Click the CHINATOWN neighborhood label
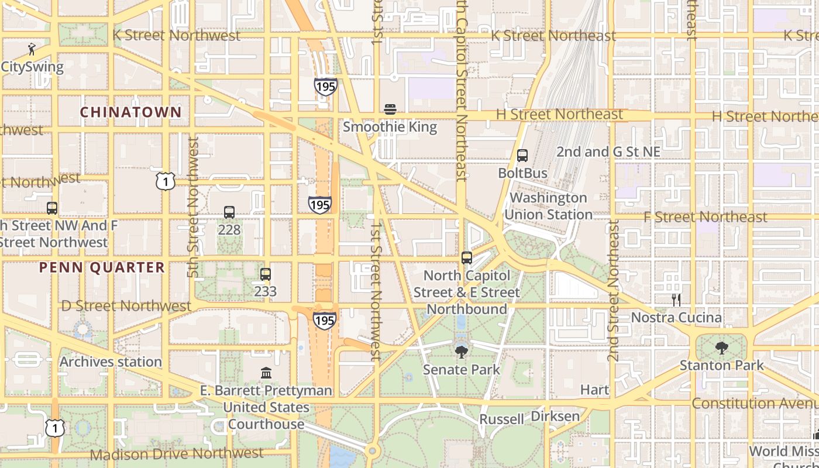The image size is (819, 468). click(x=130, y=112)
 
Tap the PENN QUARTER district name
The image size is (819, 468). click(x=102, y=267)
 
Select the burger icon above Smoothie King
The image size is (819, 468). click(x=390, y=109)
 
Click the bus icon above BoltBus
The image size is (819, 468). click(x=522, y=156)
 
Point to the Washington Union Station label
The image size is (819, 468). click(x=548, y=206)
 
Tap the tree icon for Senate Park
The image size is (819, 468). click(x=462, y=352)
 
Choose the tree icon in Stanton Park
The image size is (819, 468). click(x=721, y=348)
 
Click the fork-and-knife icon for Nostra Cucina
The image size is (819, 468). click(x=676, y=300)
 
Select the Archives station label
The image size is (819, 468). click(x=111, y=362)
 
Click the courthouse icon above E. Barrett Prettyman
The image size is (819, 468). click(x=266, y=373)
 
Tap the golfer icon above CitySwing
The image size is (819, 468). click(x=32, y=49)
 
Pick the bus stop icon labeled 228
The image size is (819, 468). click(x=229, y=212)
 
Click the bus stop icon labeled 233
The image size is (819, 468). click(x=266, y=274)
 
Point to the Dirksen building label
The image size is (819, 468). click(x=555, y=416)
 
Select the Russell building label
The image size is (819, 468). click(x=501, y=419)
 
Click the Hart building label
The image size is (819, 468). click(x=594, y=390)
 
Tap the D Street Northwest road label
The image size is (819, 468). click(x=126, y=306)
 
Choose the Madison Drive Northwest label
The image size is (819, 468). click(x=177, y=453)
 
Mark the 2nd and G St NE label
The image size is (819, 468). click(x=608, y=152)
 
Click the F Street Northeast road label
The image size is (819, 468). click(x=705, y=217)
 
